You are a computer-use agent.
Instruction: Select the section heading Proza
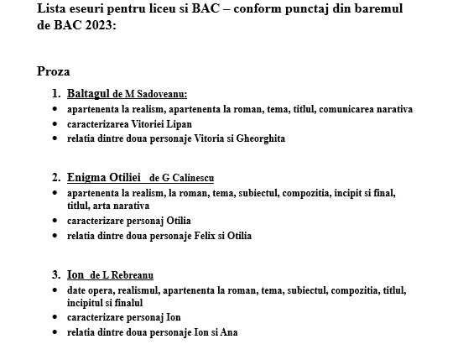point(54,72)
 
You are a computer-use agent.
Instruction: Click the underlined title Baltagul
point(89,94)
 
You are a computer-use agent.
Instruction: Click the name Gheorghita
point(261,138)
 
